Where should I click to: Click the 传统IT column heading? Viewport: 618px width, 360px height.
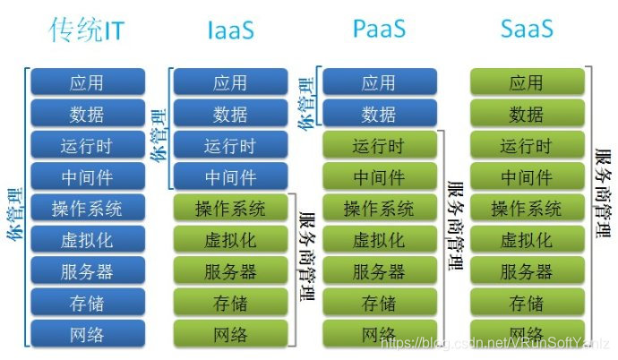(x=87, y=30)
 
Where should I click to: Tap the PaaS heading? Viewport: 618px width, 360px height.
(x=378, y=30)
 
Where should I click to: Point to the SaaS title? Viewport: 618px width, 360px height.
(x=526, y=30)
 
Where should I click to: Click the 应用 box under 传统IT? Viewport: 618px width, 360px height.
(x=86, y=83)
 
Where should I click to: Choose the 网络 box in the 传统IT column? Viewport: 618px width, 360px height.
(x=86, y=335)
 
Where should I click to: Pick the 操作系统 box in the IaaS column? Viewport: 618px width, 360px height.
(x=230, y=209)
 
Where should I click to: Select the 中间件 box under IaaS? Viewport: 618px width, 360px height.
(x=230, y=177)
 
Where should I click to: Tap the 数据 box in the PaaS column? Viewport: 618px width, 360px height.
(x=378, y=115)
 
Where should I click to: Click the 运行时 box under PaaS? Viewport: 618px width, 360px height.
(x=378, y=146)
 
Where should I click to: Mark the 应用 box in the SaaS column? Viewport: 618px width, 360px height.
(x=526, y=83)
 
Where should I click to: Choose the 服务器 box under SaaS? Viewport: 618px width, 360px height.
(x=526, y=272)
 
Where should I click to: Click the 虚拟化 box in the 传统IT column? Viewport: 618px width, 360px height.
(x=86, y=240)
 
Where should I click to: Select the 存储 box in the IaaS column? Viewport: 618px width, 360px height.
(x=230, y=304)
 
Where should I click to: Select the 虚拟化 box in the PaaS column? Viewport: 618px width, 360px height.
(x=378, y=240)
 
